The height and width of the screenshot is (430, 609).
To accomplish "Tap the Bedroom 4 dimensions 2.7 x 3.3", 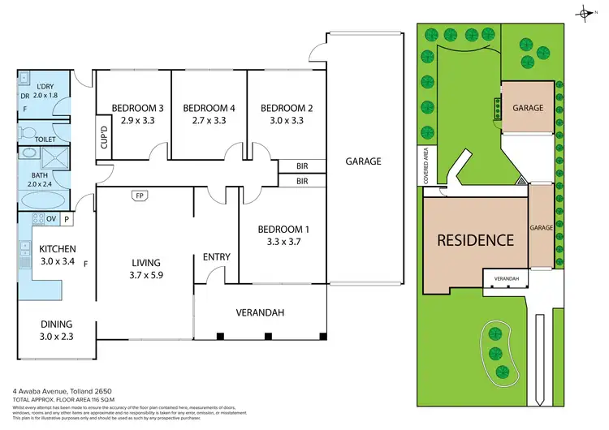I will [x=209, y=120].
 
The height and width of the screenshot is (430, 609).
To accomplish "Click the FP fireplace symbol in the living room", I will [x=140, y=196].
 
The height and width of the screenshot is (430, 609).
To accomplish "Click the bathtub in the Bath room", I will [x=41, y=200].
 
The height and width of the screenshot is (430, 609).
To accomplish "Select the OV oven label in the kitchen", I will [x=50, y=219].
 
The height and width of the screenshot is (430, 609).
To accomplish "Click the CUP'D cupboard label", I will [x=103, y=141].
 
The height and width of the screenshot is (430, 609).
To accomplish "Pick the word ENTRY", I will [x=217, y=257].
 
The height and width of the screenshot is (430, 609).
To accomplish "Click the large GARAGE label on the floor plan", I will [x=362, y=161].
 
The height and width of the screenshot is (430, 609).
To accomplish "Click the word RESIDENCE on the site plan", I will [x=475, y=240].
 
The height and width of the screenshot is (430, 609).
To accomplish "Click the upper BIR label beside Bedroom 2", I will [x=302, y=166].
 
